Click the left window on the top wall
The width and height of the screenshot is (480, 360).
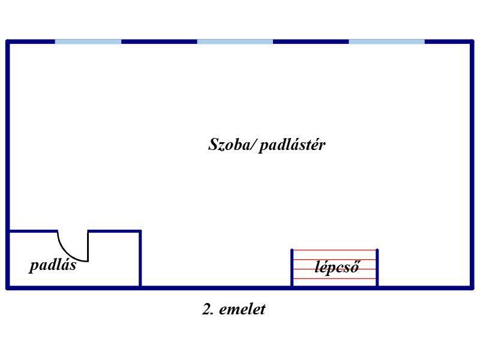[x=88, y=41]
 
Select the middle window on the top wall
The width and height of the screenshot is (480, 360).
[x=235, y=41]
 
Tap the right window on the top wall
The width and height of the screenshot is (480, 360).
[x=386, y=41]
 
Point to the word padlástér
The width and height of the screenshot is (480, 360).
[x=292, y=145]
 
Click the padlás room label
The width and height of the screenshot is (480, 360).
[x=53, y=265]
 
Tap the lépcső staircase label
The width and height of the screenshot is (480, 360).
[x=337, y=268]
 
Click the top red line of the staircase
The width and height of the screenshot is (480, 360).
[x=335, y=250]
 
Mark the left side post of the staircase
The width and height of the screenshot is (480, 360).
[x=292, y=268]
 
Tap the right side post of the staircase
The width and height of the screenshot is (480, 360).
[x=377, y=268]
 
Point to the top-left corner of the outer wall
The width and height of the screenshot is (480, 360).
[x=8, y=41]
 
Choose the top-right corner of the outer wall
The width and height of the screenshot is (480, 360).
[x=472, y=41]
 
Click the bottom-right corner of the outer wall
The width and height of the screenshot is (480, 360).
[x=472, y=287]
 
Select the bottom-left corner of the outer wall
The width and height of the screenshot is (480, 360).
[x=8, y=287]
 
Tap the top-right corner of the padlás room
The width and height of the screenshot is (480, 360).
[x=140, y=231]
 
